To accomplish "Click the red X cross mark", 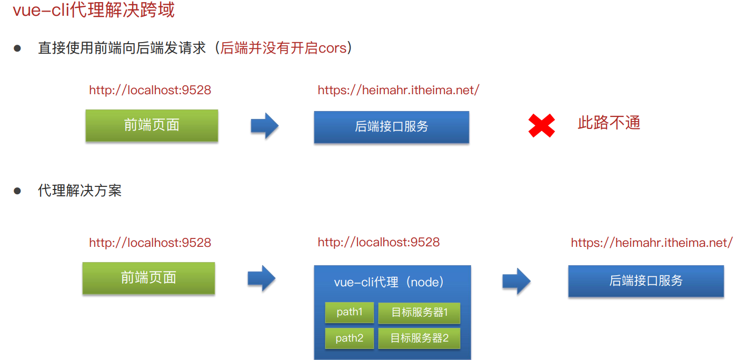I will click(x=542, y=126).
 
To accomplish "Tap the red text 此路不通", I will click(x=609, y=123).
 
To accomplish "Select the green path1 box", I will click(x=350, y=312).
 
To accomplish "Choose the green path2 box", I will click(x=350, y=338).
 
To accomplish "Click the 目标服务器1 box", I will click(x=419, y=313).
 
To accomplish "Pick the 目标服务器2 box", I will click(x=419, y=338).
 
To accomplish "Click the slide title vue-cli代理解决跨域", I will click(x=94, y=11).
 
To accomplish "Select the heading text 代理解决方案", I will click(x=79, y=191).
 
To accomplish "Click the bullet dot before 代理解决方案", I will click(x=17, y=191).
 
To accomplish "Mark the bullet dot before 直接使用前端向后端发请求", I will click(x=17, y=48).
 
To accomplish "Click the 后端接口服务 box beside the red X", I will click(x=391, y=127).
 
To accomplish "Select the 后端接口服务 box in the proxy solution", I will click(x=646, y=281).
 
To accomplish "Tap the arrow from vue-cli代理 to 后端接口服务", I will click(x=516, y=281).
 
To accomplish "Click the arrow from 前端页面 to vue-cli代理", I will click(x=262, y=278).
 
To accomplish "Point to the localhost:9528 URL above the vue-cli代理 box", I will click(x=379, y=242).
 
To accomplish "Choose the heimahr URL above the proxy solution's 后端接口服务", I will click(x=652, y=243).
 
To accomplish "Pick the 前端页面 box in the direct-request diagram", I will click(x=152, y=125).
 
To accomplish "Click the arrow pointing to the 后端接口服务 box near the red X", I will click(x=264, y=126).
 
